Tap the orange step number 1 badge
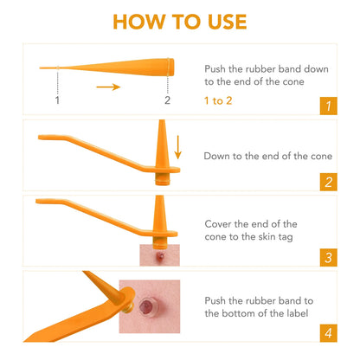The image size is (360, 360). [x=327, y=106]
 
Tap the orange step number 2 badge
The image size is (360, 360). [x=327, y=182]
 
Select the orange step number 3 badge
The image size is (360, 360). [x=327, y=257]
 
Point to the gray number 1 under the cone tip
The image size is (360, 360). [x=57, y=100]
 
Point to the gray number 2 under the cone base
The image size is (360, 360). [x=167, y=100]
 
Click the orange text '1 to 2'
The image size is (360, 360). [x=219, y=100]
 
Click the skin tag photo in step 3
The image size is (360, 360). [x=157, y=254]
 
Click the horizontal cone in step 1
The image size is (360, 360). [x=112, y=67]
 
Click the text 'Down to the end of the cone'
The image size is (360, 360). [x=255, y=157]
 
